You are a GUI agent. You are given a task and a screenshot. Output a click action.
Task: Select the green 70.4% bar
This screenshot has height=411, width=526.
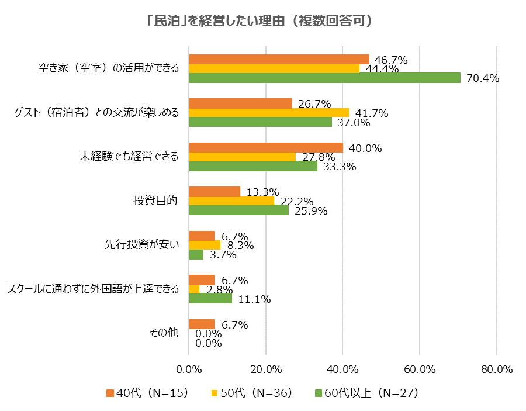click(x=324, y=78)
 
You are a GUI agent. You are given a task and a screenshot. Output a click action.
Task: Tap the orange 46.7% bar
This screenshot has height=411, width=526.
click(x=279, y=59)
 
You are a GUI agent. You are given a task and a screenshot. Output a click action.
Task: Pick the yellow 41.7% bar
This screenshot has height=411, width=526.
click(x=269, y=113)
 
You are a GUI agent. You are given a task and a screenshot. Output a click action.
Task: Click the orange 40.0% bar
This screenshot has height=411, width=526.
click(x=266, y=147)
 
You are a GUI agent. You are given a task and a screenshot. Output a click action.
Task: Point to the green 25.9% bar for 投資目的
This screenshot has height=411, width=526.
click(x=238, y=210)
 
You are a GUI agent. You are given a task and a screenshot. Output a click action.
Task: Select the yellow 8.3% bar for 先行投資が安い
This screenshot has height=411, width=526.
click(x=205, y=246)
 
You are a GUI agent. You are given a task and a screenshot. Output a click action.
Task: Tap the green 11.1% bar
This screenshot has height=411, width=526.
click(x=210, y=299)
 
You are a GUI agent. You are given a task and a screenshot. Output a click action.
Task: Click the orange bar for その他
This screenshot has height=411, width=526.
click(x=202, y=324)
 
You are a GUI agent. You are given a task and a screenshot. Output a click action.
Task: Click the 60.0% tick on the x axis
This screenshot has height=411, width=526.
click(x=420, y=369)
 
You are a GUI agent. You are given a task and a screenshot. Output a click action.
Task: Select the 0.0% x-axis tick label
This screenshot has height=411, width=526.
click(x=189, y=369)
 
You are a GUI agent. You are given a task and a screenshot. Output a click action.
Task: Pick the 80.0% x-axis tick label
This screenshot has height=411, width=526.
click(x=496, y=369)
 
